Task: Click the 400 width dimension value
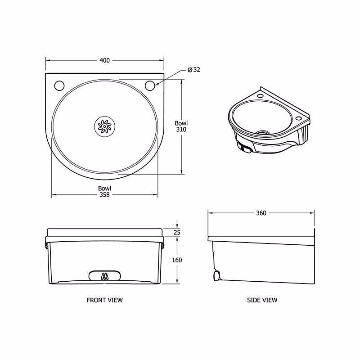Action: tap(104, 60)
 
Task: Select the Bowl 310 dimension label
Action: tap(181, 126)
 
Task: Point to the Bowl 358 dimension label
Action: tap(104, 192)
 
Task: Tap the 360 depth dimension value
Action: tap(261, 213)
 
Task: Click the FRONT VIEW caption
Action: tap(104, 300)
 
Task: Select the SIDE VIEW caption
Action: tap(262, 300)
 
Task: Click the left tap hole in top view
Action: tap(59, 85)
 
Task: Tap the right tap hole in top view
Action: tap(150, 85)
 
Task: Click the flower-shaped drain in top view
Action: tap(104, 126)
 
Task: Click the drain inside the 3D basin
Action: tap(262, 133)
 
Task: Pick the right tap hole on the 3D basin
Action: tap(298, 118)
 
